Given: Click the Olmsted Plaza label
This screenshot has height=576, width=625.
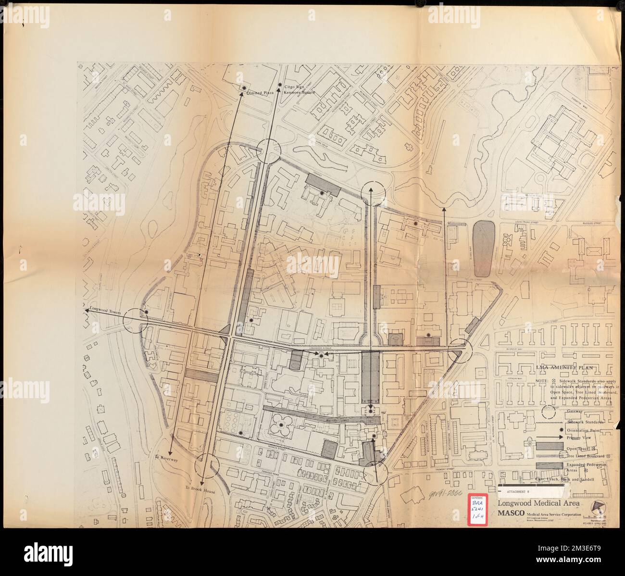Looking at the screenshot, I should pos(260,94).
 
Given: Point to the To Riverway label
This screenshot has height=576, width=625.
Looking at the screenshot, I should pos(166,459).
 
